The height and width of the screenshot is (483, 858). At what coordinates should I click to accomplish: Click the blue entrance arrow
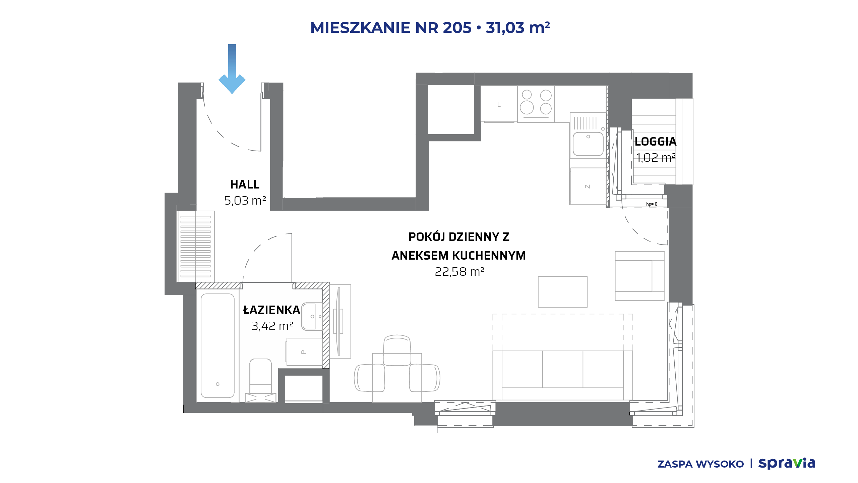(x=232, y=69)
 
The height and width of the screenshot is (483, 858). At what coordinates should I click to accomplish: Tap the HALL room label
(x=245, y=184)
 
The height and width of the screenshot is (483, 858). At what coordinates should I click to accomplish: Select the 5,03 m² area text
(x=245, y=201)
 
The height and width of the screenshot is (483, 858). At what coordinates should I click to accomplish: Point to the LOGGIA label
(x=656, y=142)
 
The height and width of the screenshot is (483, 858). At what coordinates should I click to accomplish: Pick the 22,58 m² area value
(x=459, y=272)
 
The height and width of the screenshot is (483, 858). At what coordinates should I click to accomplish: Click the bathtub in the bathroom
(x=218, y=345)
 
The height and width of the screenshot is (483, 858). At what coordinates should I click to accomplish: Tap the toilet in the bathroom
(x=260, y=380)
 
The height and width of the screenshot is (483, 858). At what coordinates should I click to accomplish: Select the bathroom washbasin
(x=312, y=317)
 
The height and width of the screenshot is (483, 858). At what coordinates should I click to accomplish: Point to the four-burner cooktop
(x=536, y=104)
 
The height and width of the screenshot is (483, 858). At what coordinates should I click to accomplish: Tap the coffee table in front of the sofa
(x=563, y=292)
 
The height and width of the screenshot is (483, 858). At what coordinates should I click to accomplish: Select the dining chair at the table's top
(x=397, y=350)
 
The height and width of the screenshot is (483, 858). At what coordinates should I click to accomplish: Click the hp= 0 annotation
(x=652, y=204)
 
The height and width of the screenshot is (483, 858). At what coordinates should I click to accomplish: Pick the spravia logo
(x=787, y=463)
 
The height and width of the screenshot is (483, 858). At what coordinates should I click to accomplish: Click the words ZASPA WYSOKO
(x=700, y=464)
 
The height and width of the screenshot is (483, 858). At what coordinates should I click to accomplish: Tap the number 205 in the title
(x=457, y=28)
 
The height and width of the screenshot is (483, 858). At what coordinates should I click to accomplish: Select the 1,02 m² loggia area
(x=656, y=158)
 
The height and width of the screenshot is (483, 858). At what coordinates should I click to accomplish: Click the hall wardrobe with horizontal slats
(x=196, y=247)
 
